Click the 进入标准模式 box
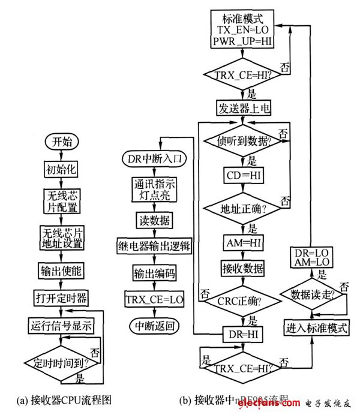[x=312, y=327]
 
